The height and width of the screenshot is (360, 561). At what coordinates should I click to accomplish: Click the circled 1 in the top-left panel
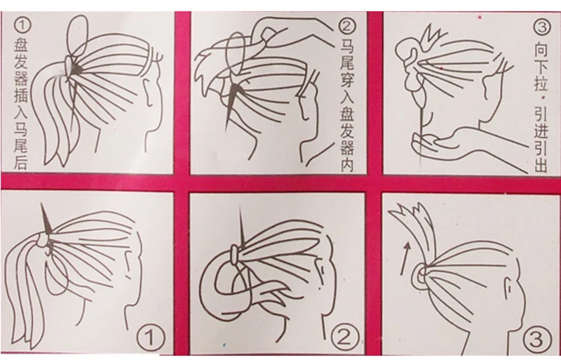click(x=22, y=26)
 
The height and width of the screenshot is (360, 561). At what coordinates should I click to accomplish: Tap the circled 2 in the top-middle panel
click(x=347, y=26)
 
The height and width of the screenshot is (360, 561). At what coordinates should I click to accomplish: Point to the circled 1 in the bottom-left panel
click(x=151, y=338)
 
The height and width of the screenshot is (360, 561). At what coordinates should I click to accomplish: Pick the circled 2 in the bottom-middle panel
click(x=344, y=337)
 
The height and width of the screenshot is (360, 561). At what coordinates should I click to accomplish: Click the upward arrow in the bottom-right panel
click(x=405, y=258)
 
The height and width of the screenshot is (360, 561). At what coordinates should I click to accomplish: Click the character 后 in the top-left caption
click(x=21, y=162)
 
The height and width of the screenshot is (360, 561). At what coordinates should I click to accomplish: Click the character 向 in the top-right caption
click(x=541, y=50)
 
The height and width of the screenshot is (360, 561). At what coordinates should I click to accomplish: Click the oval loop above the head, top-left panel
click(x=77, y=35)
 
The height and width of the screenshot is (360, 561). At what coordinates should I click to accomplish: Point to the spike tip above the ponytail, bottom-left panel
click(x=42, y=204)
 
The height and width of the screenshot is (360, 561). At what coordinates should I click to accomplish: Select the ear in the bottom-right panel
click(x=508, y=288)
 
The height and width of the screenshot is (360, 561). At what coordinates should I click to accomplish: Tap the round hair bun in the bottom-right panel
click(x=419, y=277)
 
